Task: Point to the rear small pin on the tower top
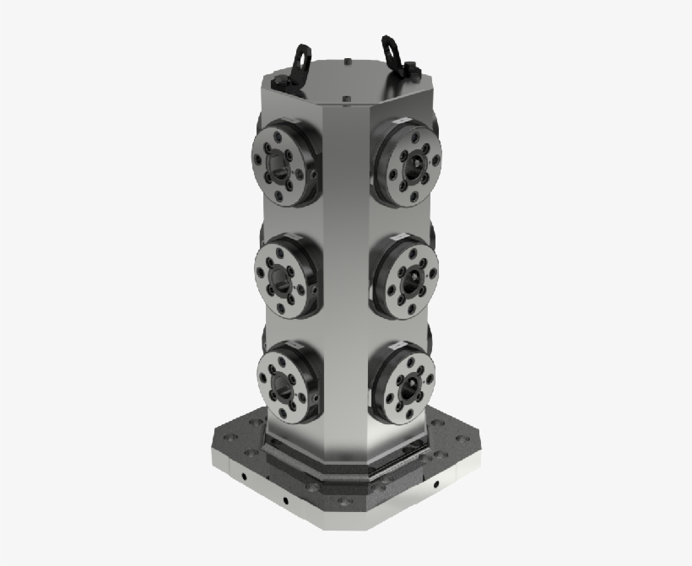pyautogui.click(x=348, y=61)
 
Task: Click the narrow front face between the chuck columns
pyautogui.click(x=346, y=278)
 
